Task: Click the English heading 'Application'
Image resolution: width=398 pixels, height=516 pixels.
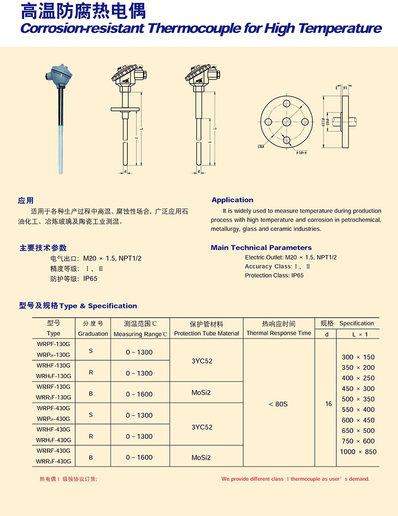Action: [x=232, y=200]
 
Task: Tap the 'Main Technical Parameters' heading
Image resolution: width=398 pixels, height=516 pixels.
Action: [x=261, y=247]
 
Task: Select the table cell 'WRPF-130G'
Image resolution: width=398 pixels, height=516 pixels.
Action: [x=53, y=344]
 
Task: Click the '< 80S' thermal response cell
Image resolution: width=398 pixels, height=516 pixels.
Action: [x=278, y=404]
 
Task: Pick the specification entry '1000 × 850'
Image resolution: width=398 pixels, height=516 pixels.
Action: [x=358, y=452]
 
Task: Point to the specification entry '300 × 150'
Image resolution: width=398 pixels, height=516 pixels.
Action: [x=358, y=357]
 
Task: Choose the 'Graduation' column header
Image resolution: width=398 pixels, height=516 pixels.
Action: [x=93, y=333]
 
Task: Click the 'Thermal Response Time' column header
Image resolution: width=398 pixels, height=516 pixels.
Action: [x=279, y=333]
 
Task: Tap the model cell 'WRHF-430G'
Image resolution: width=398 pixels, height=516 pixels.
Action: [x=53, y=429]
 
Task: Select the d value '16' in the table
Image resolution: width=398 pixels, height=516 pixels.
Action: [x=328, y=404]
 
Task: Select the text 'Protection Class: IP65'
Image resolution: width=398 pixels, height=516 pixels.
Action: [x=274, y=275]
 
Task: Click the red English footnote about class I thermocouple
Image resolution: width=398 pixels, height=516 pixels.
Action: [x=296, y=479]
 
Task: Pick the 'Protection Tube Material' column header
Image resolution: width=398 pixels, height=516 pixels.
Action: [x=206, y=333]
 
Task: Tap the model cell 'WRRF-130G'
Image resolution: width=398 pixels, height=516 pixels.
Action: [x=53, y=386]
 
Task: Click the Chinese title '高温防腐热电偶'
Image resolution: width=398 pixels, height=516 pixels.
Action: [x=83, y=10]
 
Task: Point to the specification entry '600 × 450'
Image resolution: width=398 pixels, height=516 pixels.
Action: [x=358, y=420]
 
